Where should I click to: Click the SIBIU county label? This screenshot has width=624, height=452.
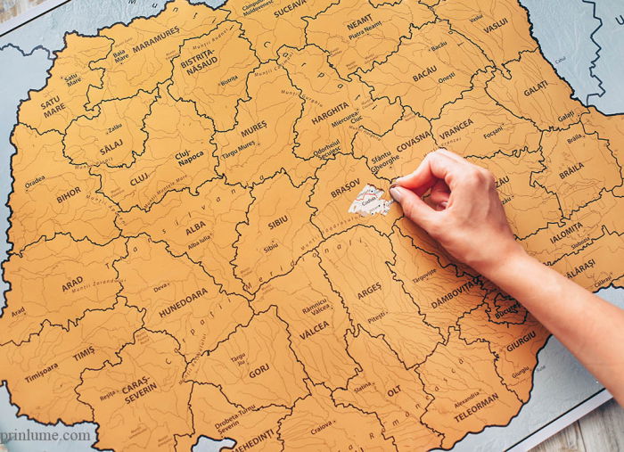(x=278, y=216)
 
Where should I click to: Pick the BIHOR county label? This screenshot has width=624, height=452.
(x=69, y=194)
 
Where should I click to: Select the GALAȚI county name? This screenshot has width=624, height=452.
(x=536, y=88)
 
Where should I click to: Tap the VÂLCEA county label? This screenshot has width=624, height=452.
(x=314, y=326)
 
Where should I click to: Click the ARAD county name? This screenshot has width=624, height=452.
(x=72, y=284)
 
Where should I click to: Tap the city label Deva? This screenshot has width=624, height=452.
(x=161, y=287)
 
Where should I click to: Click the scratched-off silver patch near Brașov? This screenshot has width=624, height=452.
(x=370, y=201)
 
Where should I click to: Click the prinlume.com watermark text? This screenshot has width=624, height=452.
(x=46, y=435)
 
